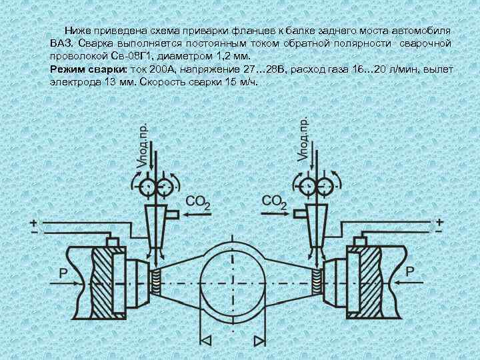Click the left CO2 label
(198, 203)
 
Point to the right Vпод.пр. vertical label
(302, 139)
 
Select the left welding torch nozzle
(158, 226)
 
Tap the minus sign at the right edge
(439, 230)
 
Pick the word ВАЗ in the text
(59, 43)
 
